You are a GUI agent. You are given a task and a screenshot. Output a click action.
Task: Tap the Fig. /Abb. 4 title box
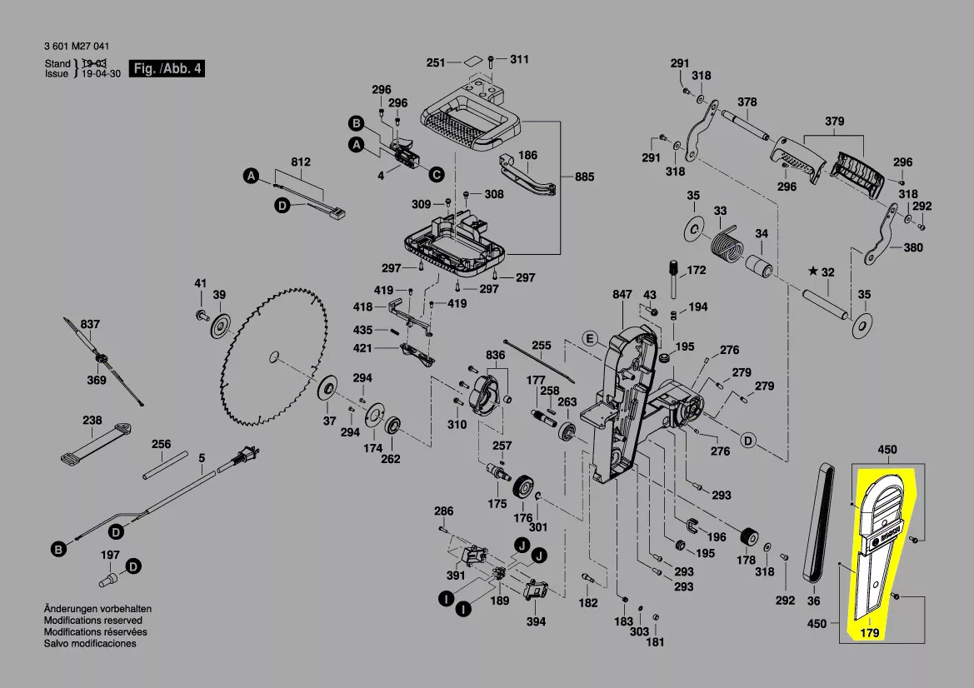167,69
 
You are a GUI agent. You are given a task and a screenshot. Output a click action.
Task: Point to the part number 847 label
622,295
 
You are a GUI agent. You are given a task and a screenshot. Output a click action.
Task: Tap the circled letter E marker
589,338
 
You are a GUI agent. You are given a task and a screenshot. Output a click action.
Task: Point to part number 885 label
585,177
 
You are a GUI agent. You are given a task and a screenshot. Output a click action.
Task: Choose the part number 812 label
300,162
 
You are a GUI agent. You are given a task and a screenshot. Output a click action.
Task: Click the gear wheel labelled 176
524,487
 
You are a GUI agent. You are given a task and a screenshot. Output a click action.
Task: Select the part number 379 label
834,122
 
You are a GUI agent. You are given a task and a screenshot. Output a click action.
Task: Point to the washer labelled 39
219,326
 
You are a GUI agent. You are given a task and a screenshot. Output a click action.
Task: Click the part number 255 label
542,346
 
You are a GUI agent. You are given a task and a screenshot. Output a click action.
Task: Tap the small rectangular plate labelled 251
472,60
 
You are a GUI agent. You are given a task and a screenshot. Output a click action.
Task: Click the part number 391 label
455,576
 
